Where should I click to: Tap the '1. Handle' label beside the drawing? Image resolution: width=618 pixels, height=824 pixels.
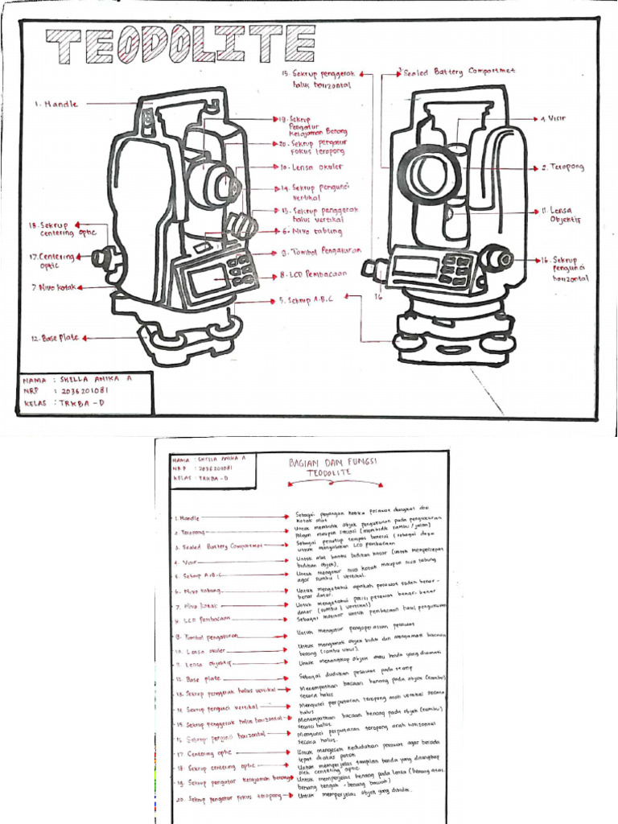[57, 104]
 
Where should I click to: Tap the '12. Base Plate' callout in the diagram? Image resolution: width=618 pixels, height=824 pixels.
[56, 338]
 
